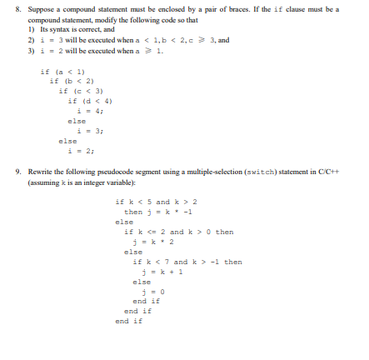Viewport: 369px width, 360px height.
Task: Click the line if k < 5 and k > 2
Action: [154, 202]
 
